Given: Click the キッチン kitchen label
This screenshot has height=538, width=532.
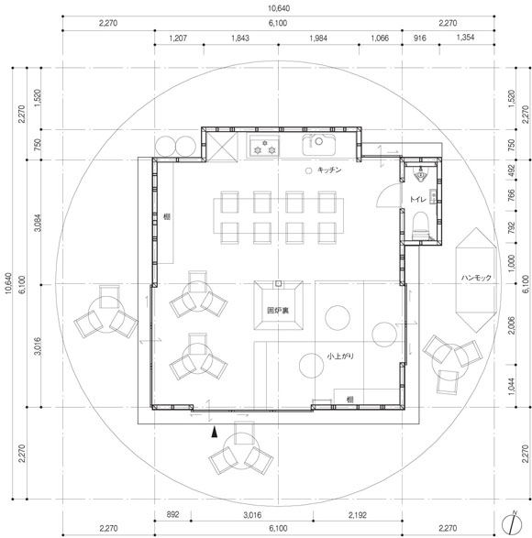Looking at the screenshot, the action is click(x=329, y=170).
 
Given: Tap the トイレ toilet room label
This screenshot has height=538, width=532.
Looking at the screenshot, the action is click(x=417, y=199).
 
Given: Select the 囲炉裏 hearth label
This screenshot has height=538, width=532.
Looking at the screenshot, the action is click(x=278, y=310).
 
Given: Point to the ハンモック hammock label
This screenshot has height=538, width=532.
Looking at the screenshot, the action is click(x=476, y=277).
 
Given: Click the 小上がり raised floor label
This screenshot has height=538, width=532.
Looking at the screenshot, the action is click(x=340, y=357).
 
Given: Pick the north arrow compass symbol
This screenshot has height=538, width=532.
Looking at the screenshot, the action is click(x=512, y=523).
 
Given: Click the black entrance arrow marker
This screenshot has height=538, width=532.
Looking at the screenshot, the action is click(x=215, y=432).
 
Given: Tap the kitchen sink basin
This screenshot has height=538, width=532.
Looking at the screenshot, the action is click(x=318, y=145).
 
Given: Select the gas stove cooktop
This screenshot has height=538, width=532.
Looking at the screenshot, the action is click(x=264, y=146).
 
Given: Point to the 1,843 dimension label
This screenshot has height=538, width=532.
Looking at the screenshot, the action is click(x=240, y=38).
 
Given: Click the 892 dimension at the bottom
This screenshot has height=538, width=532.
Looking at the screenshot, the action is click(x=172, y=514).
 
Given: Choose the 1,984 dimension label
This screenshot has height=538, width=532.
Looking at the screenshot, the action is click(x=318, y=38).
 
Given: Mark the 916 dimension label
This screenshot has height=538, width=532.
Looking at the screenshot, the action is click(x=420, y=38).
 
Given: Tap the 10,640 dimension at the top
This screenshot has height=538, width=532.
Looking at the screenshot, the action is click(x=279, y=8).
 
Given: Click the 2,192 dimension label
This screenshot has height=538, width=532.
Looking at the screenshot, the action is click(x=357, y=515).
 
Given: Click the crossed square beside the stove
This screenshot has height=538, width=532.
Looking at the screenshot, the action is click(x=222, y=147).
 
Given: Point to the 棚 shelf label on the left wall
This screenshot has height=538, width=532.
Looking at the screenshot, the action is click(x=167, y=216).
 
